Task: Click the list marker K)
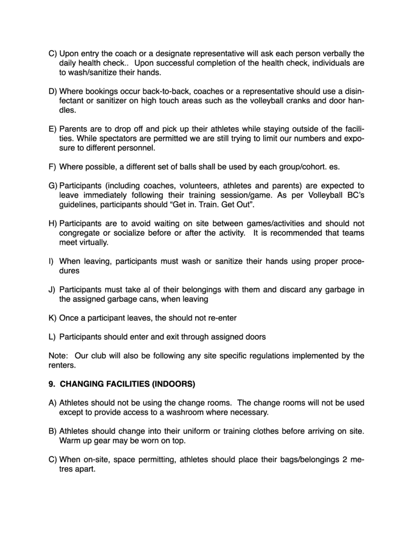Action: (x=52, y=318)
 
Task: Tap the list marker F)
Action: (x=52, y=167)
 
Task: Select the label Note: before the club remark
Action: (x=58, y=356)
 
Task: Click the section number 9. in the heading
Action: (x=52, y=384)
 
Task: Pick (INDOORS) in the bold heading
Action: (x=173, y=384)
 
